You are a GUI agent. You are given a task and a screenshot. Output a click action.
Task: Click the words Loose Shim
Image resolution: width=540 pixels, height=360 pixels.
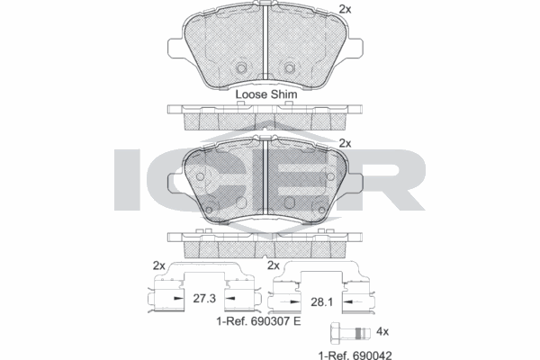(265, 94)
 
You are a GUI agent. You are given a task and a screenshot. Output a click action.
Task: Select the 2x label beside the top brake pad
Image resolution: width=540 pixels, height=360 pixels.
(344, 8)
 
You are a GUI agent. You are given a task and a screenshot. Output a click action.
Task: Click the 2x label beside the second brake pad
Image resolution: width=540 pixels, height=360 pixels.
(344, 142)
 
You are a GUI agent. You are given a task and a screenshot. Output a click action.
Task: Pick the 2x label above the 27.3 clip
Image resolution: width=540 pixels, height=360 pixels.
(159, 265)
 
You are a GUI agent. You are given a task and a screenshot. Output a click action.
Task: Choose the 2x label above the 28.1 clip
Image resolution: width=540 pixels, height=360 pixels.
(274, 265)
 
